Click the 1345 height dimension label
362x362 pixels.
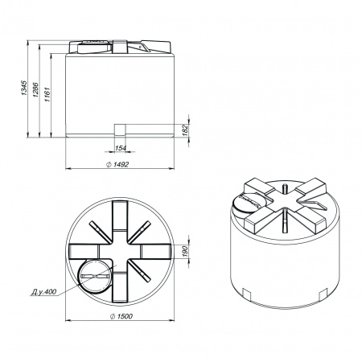[24, 88]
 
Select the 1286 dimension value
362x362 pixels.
[35, 89]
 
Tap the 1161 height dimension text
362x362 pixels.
[47, 94]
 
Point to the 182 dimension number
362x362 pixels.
[186, 130]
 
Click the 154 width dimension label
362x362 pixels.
[121, 148]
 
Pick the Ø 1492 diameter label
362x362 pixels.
[117, 164]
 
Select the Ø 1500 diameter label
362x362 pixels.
[121, 316]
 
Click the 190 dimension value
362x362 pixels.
[186, 251]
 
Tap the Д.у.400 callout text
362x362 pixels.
[43, 292]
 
